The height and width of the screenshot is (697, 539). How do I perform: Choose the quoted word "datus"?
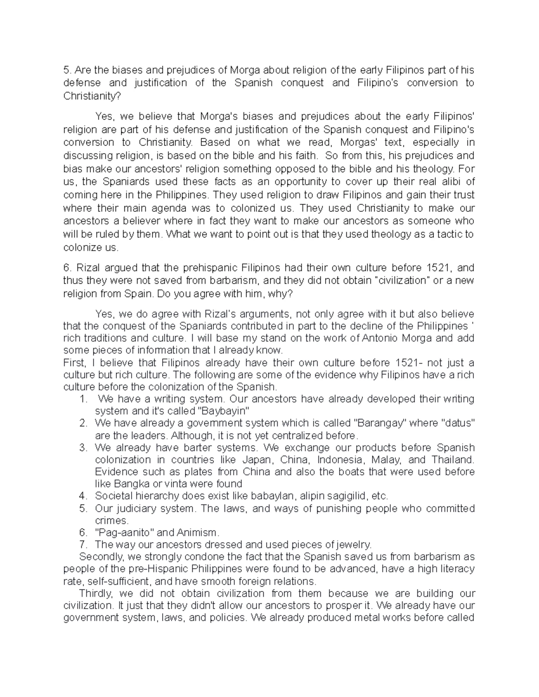pos(458,423)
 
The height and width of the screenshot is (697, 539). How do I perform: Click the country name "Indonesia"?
pos(340,460)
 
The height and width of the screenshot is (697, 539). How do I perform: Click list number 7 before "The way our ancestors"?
pos(82,545)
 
